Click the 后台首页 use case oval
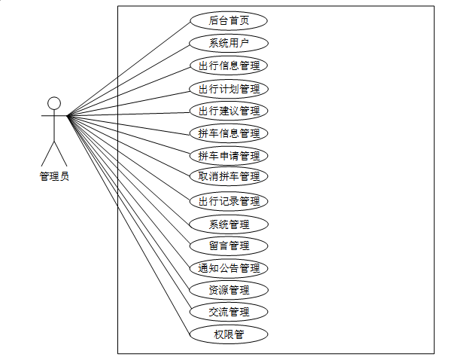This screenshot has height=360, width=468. (229, 20)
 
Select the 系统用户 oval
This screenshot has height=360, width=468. (229, 42)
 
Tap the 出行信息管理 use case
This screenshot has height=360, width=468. (229, 66)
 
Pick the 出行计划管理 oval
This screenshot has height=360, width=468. (229, 88)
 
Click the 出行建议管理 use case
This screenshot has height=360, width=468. (229, 111)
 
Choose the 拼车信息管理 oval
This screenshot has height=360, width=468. (229, 133)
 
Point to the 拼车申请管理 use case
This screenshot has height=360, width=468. (229, 156)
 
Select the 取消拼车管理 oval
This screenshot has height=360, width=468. (229, 176)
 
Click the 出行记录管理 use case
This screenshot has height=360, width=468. (229, 201)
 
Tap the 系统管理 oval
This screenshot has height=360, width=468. (229, 224)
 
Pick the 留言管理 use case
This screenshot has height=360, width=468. (229, 246)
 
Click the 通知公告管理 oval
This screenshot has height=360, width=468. (229, 268)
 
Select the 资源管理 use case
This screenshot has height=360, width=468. (229, 290)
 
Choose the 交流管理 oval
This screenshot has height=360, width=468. (229, 312)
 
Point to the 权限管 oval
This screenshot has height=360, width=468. (229, 334)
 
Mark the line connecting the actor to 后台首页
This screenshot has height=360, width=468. (128, 68)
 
